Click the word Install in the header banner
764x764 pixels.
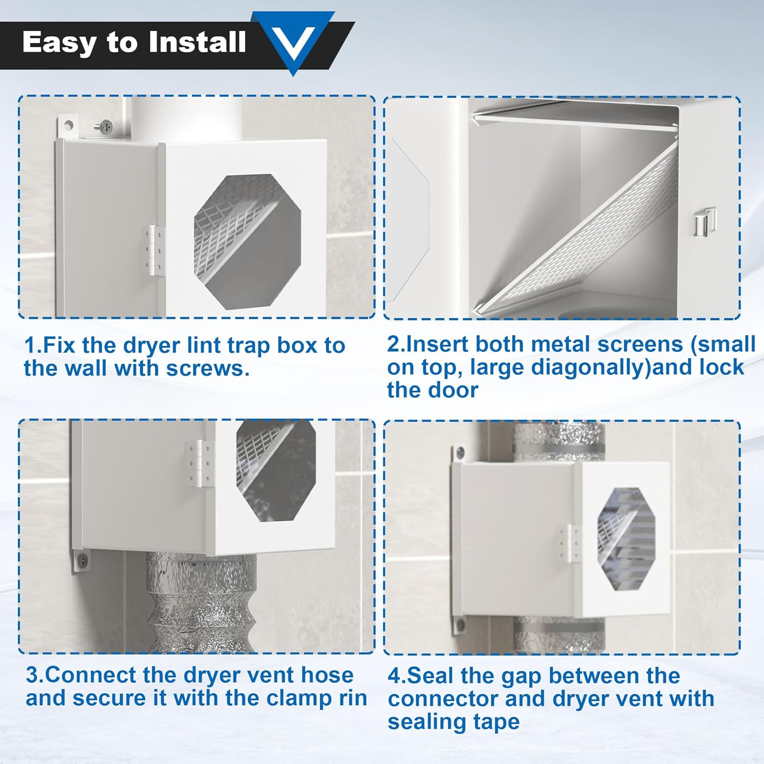click(x=198, y=42)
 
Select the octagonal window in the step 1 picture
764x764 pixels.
click(x=248, y=241)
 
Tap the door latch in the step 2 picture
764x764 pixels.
click(x=704, y=222)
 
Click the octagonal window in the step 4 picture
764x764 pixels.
click(x=626, y=539)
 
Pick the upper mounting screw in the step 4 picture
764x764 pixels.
click(x=460, y=451)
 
